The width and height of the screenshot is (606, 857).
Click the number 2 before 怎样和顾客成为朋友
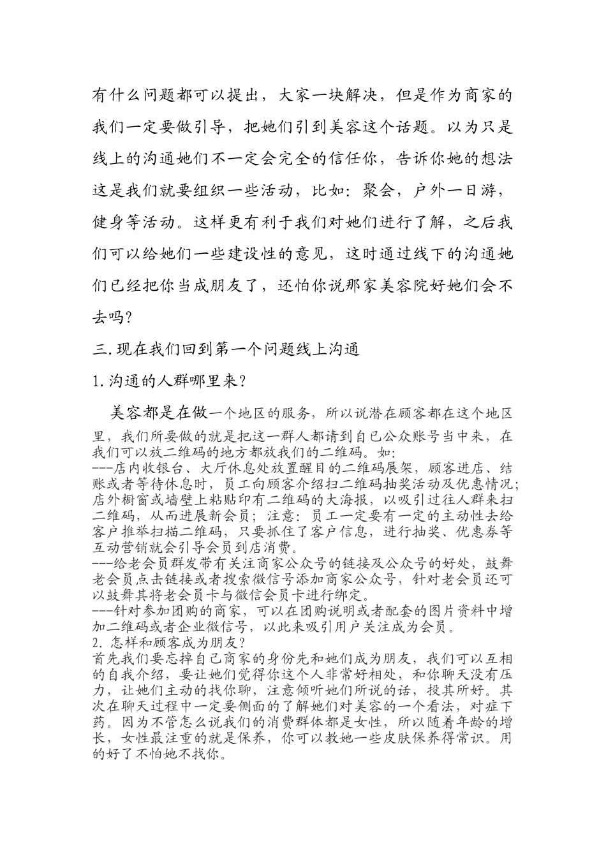[x=96, y=642]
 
